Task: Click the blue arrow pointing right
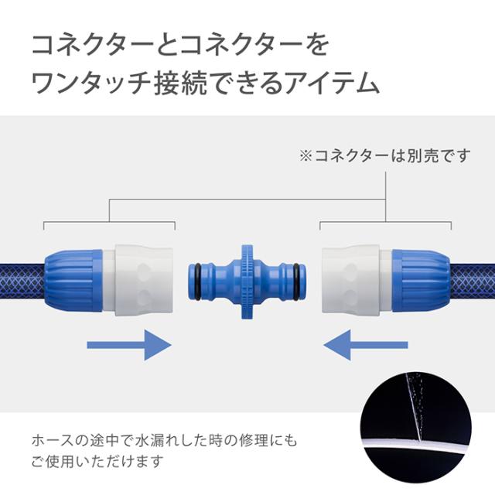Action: click(x=128, y=343)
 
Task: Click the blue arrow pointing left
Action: click(x=365, y=343)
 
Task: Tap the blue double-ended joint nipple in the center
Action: click(x=247, y=278)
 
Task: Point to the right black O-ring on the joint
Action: click(x=296, y=278)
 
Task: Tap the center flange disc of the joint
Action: click(x=247, y=278)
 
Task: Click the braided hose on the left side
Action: click(x=23, y=278)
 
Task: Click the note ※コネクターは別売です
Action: click(x=384, y=155)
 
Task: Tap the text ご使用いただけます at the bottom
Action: click(x=97, y=463)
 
